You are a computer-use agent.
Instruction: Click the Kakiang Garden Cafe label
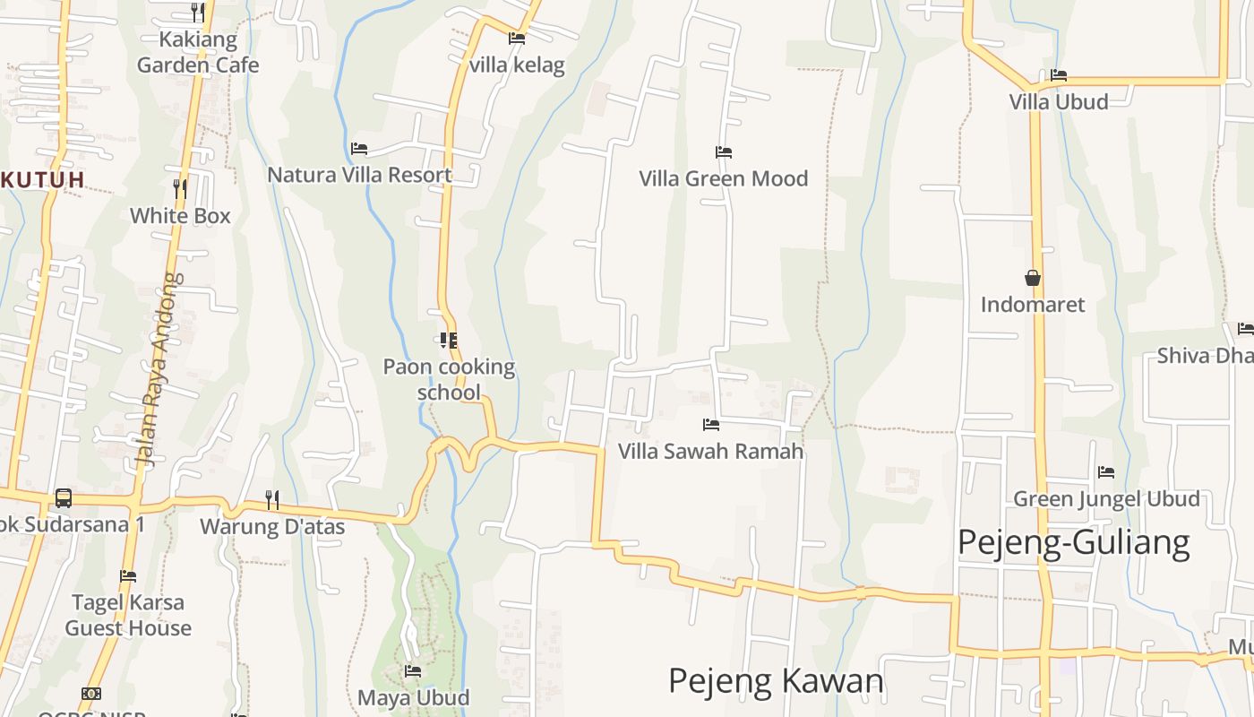pyautogui.click(x=198, y=52)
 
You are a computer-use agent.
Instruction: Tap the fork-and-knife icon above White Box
pyautogui.click(x=180, y=188)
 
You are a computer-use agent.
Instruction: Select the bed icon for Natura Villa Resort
pyautogui.click(x=359, y=149)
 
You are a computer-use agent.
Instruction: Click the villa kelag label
pyautogui.click(x=517, y=65)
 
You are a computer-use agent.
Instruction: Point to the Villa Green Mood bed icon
pyautogui.click(x=724, y=152)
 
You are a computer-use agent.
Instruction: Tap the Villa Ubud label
pyautogui.click(x=1059, y=101)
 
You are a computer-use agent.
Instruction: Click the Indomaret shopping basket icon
pyautogui.click(x=1033, y=278)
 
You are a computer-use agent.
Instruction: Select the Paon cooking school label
pyautogui.click(x=449, y=379)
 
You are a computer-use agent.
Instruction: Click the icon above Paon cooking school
pyautogui.click(x=448, y=341)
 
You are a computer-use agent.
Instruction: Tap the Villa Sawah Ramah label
pyautogui.click(x=711, y=451)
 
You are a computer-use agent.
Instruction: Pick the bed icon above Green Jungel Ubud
pyautogui.click(x=1106, y=472)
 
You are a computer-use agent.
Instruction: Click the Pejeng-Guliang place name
pyautogui.click(x=1073, y=543)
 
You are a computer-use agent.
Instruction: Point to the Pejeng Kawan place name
pyautogui.click(x=776, y=681)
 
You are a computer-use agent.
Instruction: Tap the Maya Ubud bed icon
pyautogui.click(x=413, y=670)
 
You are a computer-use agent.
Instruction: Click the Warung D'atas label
pyautogui.click(x=272, y=526)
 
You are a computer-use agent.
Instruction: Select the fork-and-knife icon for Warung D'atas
pyautogui.click(x=272, y=499)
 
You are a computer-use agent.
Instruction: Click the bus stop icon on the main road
pyautogui.click(x=64, y=497)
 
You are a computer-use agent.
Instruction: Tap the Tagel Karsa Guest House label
pyautogui.click(x=128, y=615)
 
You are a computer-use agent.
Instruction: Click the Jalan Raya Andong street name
pyautogui.click(x=158, y=369)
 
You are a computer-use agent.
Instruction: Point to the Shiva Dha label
pyautogui.click(x=1205, y=356)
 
